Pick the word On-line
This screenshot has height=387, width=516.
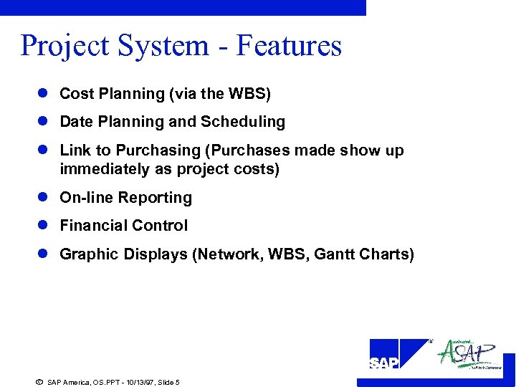(87, 198)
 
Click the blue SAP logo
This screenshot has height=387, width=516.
(398, 354)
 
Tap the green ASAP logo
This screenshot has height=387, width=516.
(469, 354)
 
